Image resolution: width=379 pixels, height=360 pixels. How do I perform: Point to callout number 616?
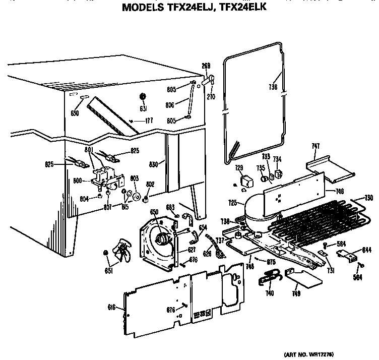112,307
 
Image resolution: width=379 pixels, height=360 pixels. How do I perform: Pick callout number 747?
315,146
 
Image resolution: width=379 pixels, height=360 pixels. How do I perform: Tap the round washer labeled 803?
136,195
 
